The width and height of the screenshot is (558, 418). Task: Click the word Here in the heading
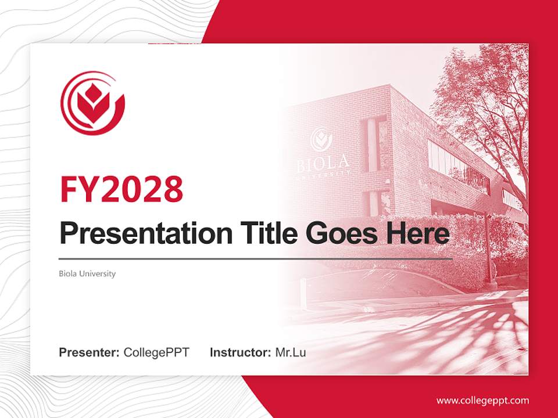tap(416, 233)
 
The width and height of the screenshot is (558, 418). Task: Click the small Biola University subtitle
tap(87, 273)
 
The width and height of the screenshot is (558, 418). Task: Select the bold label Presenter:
tap(90, 352)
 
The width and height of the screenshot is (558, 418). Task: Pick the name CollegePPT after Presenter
tap(156, 352)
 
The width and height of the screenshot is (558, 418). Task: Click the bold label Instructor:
tap(240, 352)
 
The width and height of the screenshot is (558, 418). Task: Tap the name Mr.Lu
tap(291, 352)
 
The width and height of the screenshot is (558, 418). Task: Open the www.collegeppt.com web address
tap(482, 401)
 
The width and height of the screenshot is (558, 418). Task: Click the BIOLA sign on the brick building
tap(323, 162)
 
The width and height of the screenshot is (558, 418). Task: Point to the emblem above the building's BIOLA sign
tap(320, 138)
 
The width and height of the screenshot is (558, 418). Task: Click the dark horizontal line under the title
tap(256, 259)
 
